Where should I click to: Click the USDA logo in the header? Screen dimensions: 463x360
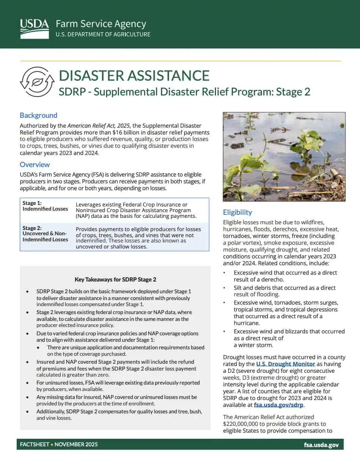click(34, 28)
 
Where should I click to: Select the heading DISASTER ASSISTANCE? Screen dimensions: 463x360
click(134, 75)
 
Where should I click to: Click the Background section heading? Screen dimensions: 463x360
click(38, 116)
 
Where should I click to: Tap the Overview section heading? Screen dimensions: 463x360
click(34, 164)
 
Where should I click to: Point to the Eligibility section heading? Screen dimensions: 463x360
click(237, 212)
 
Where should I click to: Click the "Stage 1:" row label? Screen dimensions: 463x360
click(32, 203)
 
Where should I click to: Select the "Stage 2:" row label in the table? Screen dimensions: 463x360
click(32, 228)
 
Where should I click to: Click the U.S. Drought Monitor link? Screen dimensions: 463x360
click(285, 364)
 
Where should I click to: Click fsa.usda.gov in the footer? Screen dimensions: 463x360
click(321, 445)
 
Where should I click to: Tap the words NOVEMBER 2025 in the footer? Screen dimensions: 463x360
click(76, 444)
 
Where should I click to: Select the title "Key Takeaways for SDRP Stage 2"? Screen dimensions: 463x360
click(115, 280)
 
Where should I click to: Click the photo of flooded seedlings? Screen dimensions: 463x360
click(284, 151)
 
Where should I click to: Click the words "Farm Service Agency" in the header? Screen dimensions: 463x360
click(101, 24)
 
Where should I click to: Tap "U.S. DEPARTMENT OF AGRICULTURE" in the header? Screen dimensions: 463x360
click(103, 34)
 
